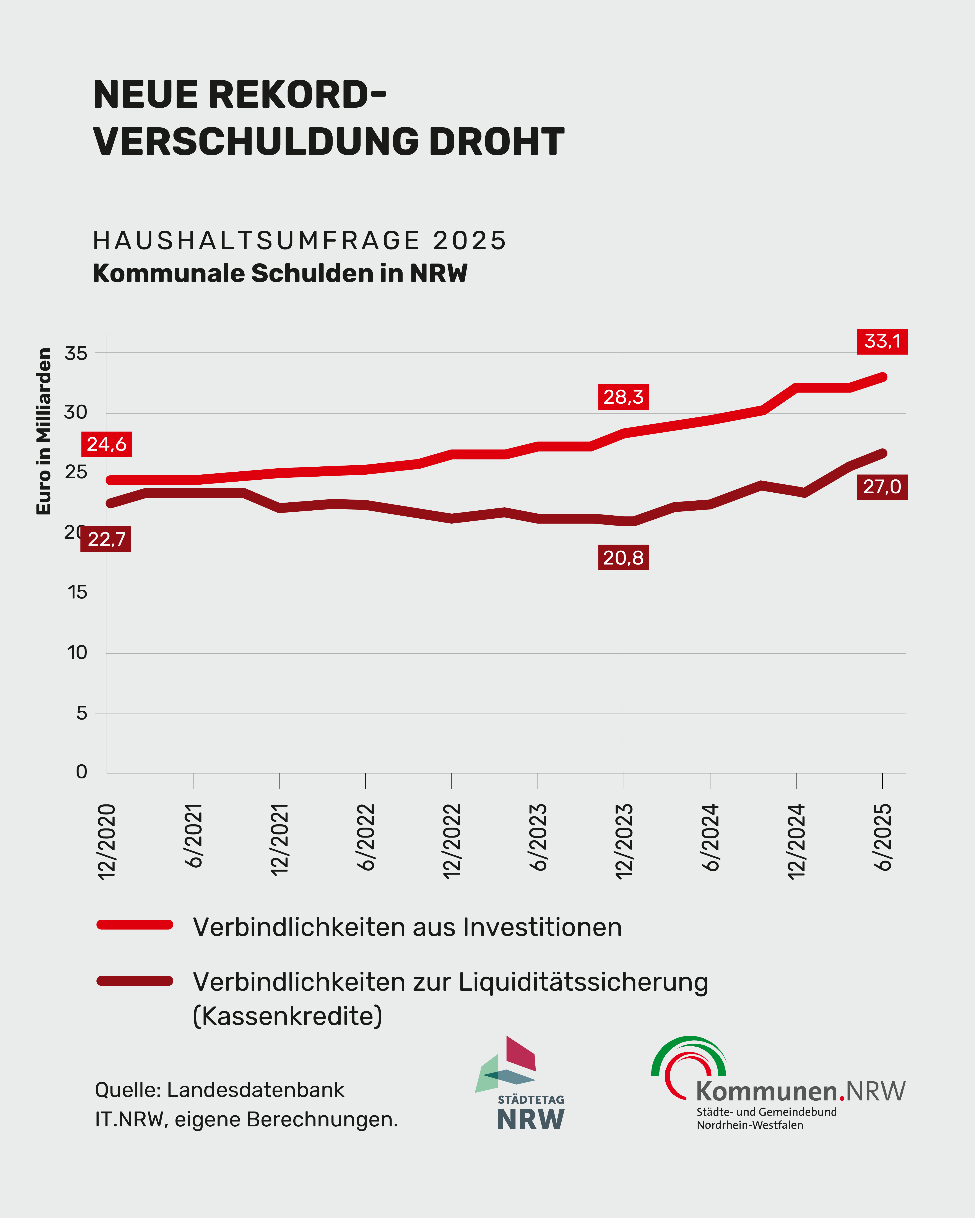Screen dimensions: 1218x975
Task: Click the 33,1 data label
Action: point(882,341)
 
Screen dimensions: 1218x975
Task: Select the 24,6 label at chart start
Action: point(106,444)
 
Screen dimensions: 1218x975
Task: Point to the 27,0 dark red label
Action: point(882,486)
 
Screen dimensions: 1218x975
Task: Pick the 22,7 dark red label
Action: point(106,539)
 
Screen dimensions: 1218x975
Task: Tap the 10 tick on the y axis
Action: point(77,653)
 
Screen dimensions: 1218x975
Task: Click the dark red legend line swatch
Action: point(135,981)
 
